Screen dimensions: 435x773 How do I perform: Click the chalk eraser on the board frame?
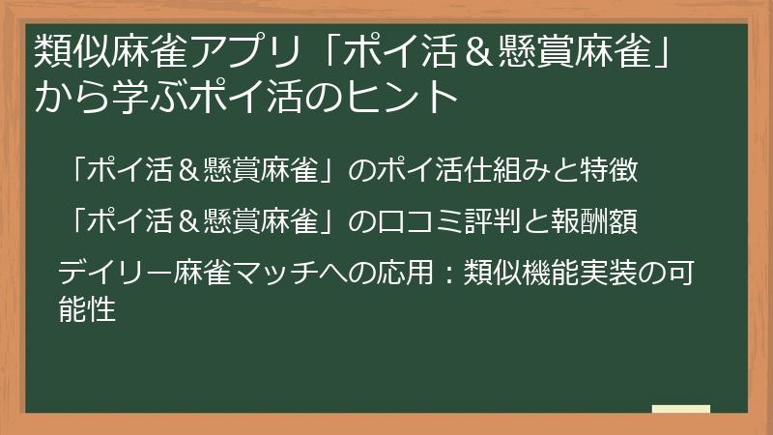[681, 409]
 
